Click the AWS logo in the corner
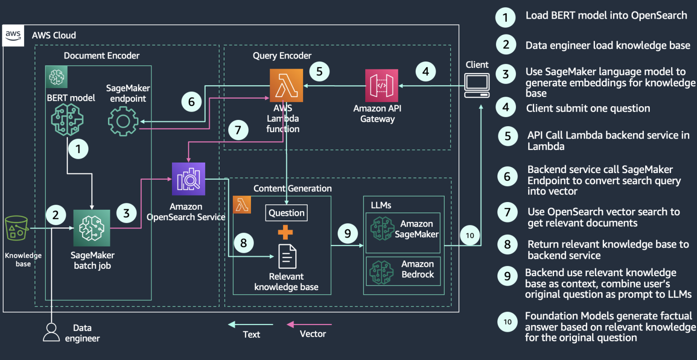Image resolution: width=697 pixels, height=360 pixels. point(13,35)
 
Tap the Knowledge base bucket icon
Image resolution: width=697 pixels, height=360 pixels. point(16,228)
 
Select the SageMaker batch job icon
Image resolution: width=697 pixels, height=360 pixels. point(92,228)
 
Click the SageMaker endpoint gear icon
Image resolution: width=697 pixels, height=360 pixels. point(123,121)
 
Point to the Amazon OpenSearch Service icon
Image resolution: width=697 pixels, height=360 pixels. point(188,179)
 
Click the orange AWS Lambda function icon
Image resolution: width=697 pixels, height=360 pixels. point(286,85)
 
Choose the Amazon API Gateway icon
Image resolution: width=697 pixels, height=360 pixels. point(382,85)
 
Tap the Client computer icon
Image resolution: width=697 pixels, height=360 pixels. point(477,85)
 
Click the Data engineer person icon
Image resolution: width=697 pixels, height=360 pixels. point(51,332)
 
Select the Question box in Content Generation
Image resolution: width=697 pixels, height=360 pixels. point(286,213)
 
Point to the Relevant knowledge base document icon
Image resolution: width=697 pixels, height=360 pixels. point(287,256)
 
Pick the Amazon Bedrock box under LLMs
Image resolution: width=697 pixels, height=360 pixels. point(403,271)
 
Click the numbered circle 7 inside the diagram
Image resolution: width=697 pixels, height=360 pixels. point(238,130)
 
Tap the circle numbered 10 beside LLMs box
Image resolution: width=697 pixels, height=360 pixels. point(470,235)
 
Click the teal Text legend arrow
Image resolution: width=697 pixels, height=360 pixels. point(250,325)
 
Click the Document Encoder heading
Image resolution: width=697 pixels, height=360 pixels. point(102,56)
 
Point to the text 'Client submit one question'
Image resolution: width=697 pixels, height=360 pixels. point(588,108)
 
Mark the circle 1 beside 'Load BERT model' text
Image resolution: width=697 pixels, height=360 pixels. point(505,18)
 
